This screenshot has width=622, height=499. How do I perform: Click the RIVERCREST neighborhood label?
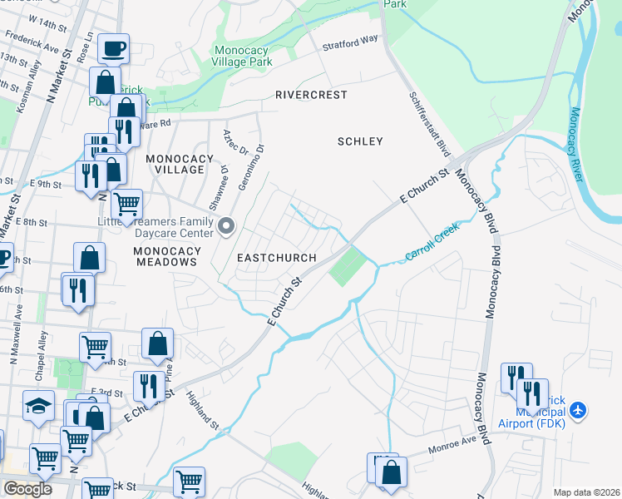click(311, 95)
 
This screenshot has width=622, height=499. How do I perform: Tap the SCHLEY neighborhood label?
click(360, 141)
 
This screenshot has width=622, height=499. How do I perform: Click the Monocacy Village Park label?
click(242, 56)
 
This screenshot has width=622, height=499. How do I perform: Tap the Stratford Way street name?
click(351, 38)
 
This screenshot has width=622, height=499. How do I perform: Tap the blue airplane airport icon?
click(579, 410)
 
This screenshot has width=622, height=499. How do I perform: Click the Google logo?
click(27, 489)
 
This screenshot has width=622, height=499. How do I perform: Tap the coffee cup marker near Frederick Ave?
click(113, 47)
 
